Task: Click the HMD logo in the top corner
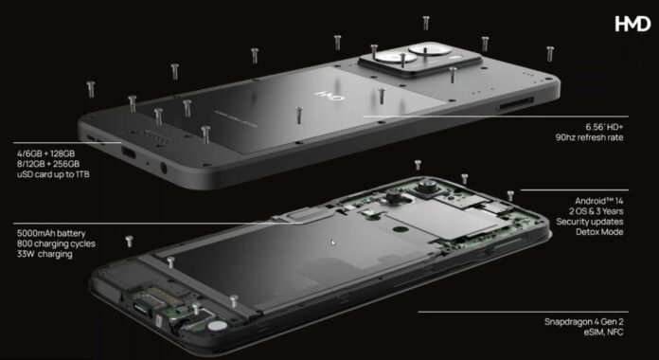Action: (x=632, y=24)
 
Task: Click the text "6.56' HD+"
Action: (x=604, y=127)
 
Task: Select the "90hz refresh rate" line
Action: (x=589, y=137)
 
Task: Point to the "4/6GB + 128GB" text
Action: (x=45, y=153)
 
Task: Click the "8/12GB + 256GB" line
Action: (x=48, y=164)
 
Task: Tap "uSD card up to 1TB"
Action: (x=53, y=174)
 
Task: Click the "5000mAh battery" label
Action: (x=51, y=233)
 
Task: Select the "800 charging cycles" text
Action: (x=56, y=243)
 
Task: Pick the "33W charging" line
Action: (x=45, y=254)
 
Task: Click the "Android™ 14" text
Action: (x=599, y=201)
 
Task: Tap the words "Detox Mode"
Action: (x=599, y=232)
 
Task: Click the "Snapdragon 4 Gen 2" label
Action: (x=584, y=322)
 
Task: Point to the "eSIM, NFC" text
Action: (x=603, y=333)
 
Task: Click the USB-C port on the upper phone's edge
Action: (x=129, y=152)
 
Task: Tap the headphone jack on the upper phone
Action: (x=164, y=169)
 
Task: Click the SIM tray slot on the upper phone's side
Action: (x=516, y=104)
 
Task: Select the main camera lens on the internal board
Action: (x=427, y=184)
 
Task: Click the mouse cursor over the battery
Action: (x=333, y=243)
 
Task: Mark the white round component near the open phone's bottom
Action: (x=217, y=325)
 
